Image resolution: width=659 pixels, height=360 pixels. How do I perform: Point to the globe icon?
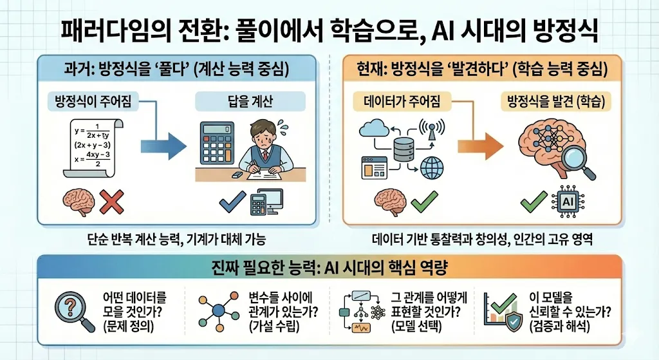431,169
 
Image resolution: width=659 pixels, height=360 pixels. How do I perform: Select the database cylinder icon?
402,147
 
